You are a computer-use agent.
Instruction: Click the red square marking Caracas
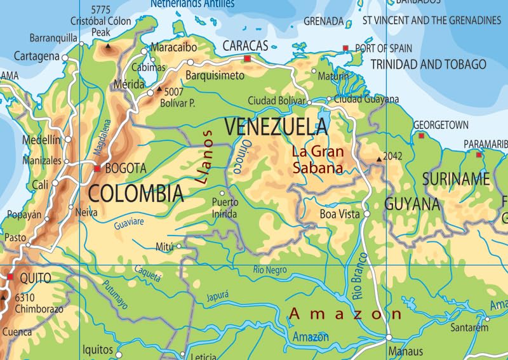[247, 59]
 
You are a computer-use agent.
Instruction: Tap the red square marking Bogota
[97, 169]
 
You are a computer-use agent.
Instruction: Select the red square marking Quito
[10, 277]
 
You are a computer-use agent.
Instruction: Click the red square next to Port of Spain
[345, 48]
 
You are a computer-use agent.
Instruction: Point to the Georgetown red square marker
[421, 135]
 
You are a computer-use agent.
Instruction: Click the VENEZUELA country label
[276, 127]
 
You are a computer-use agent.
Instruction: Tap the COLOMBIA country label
[136, 193]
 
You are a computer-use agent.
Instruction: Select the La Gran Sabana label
[317, 160]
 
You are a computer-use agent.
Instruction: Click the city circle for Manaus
[388, 338]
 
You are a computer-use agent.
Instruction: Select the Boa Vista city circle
[366, 215]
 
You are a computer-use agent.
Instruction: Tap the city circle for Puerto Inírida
[222, 193]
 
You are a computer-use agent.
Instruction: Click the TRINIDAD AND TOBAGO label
[428, 64]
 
